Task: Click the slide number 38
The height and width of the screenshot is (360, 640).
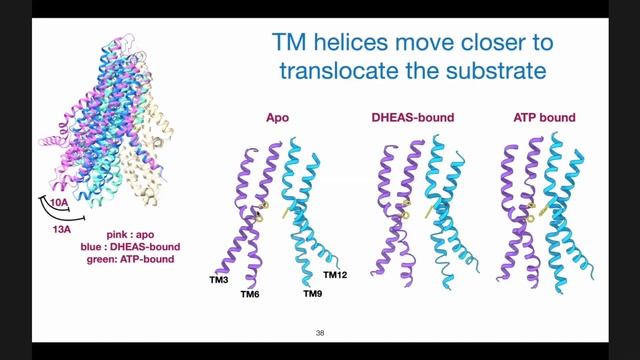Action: click(320, 332)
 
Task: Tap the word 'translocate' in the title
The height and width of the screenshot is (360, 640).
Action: click(359, 73)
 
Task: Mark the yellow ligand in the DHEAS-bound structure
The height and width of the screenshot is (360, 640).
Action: click(406, 207)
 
